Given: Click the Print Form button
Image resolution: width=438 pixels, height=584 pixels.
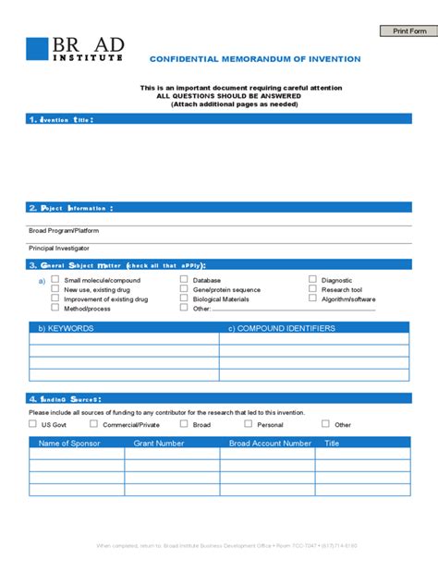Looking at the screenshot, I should (408, 30).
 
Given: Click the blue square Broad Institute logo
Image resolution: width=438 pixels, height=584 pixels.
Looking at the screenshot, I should (37, 49).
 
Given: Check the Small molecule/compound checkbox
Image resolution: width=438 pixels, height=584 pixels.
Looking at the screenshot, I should (55, 279).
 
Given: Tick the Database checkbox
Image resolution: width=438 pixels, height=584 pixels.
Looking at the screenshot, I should (184, 279).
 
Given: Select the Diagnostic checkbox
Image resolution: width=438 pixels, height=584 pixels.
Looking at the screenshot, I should (313, 279).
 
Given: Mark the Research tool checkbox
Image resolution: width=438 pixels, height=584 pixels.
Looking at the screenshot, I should (313, 289).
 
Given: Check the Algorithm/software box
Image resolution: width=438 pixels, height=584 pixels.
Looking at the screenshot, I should (313, 298).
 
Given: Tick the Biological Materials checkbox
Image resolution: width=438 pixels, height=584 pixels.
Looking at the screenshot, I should (184, 298).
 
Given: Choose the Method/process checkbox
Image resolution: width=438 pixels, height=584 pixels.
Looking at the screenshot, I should (55, 309).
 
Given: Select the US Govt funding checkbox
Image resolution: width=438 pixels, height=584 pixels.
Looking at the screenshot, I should (33, 424).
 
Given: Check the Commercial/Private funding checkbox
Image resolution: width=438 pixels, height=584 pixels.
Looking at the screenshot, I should (93, 424).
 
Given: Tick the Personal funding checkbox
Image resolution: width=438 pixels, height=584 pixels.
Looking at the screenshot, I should (248, 424).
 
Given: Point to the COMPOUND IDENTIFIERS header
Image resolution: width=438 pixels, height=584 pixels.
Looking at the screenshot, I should (282, 328).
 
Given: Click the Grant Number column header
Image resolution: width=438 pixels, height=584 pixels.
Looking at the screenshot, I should (159, 444).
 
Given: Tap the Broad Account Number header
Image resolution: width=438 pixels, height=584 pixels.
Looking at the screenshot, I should (270, 444).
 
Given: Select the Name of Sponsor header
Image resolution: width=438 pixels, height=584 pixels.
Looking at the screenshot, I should (69, 444).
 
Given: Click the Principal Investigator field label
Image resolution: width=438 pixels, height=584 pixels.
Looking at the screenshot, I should (59, 249).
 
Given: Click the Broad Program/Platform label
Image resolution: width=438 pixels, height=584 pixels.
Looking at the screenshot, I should (64, 230).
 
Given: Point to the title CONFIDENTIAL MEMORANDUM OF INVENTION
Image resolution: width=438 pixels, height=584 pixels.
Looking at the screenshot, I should (255, 59).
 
